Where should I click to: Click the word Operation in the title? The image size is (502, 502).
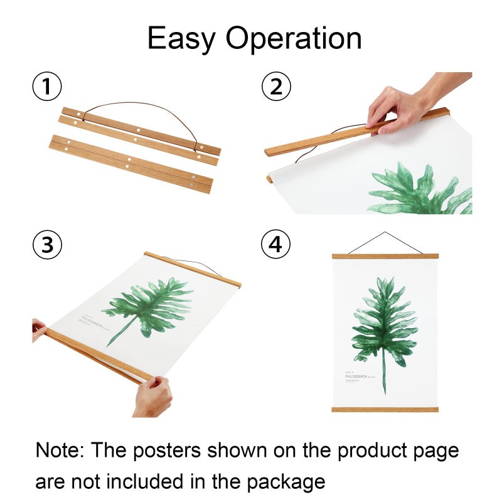[294, 39]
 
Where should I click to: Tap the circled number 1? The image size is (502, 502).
[46, 87]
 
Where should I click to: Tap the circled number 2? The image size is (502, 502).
[275, 87]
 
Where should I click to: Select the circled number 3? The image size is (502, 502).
[46, 245]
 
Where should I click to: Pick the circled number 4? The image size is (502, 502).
[275, 245]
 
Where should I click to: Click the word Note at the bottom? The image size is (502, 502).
[61, 450]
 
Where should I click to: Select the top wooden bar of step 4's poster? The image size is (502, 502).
[385, 256]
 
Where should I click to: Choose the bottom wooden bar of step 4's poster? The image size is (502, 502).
[385, 410]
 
